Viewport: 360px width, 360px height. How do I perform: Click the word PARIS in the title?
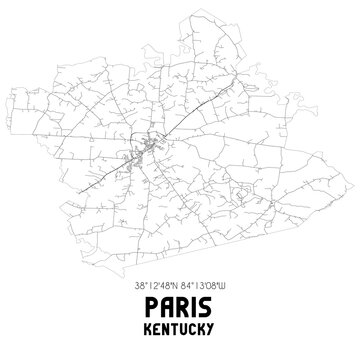[x=180, y=304]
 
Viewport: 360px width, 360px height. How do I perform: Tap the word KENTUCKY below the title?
[x=180, y=328]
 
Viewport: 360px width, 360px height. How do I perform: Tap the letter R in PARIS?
[x=182, y=304]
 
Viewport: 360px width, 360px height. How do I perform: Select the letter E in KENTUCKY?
[x=157, y=328]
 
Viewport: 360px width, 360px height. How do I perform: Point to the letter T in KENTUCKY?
[x=176, y=328]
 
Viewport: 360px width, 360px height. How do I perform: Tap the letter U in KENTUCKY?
[x=185, y=328]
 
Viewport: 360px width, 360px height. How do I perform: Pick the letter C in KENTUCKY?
[x=194, y=328]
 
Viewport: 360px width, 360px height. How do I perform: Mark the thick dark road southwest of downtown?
[x=105, y=177]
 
